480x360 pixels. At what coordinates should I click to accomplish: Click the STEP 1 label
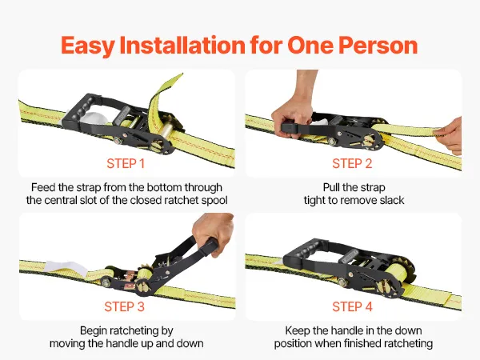tap(126, 164)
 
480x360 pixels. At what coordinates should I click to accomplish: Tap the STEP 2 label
tap(352, 164)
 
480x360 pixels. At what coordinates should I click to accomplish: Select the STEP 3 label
tap(124, 306)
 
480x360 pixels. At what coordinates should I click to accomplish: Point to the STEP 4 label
tap(352, 306)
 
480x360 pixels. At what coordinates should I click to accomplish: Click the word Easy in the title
tap(88, 46)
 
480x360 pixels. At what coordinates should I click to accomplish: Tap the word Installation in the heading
tap(182, 45)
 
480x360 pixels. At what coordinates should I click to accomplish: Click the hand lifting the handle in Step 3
tap(213, 234)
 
